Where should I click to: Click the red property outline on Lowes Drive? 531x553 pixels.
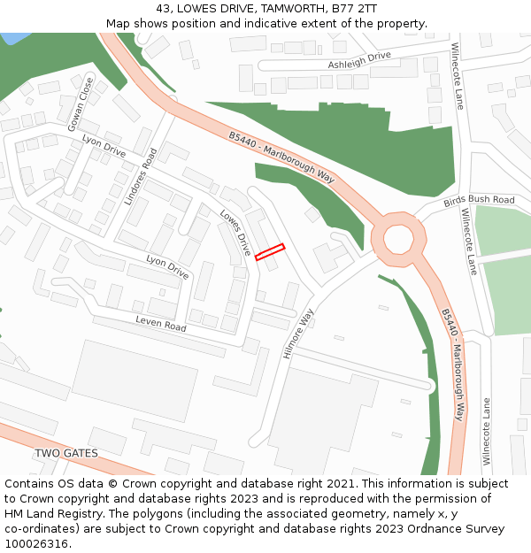[x=270, y=252]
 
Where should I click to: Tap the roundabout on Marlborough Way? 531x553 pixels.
[x=393, y=237]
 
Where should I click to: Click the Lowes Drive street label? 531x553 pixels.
[x=235, y=232]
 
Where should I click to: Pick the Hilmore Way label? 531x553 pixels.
[x=298, y=334]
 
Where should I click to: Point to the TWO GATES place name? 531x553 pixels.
[x=66, y=453]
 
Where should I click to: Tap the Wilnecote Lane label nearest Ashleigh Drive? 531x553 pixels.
[x=457, y=75]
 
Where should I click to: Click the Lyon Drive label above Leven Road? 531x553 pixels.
[x=167, y=266]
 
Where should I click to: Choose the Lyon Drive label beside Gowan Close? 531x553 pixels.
[x=104, y=147]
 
